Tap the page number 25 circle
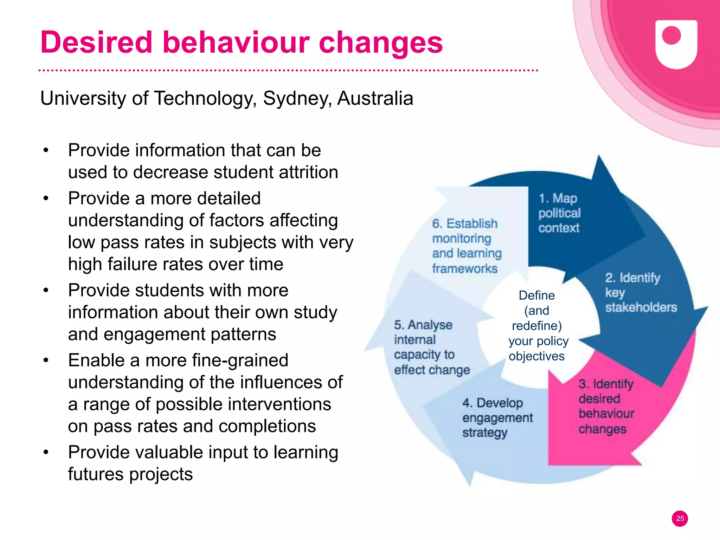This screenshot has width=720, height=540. [x=680, y=518]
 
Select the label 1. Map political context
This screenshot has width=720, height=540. [x=559, y=213]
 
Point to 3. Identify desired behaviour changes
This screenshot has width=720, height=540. [x=606, y=406]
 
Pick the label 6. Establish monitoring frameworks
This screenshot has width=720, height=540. [x=466, y=246]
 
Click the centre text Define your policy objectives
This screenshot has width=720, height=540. [x=537, y=326]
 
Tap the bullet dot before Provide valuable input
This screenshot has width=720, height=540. [x=46, y=452]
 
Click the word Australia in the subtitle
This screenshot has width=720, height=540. [x=375, y=99]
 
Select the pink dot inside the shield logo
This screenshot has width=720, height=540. [x=671, y=35]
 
